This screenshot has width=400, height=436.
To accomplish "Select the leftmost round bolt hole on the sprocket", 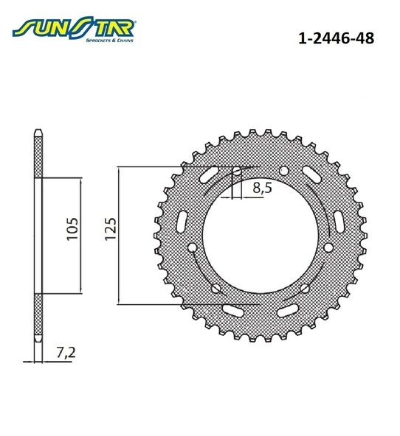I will tap(192, 247).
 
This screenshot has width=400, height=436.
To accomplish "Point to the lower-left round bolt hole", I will tap(215, 288).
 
